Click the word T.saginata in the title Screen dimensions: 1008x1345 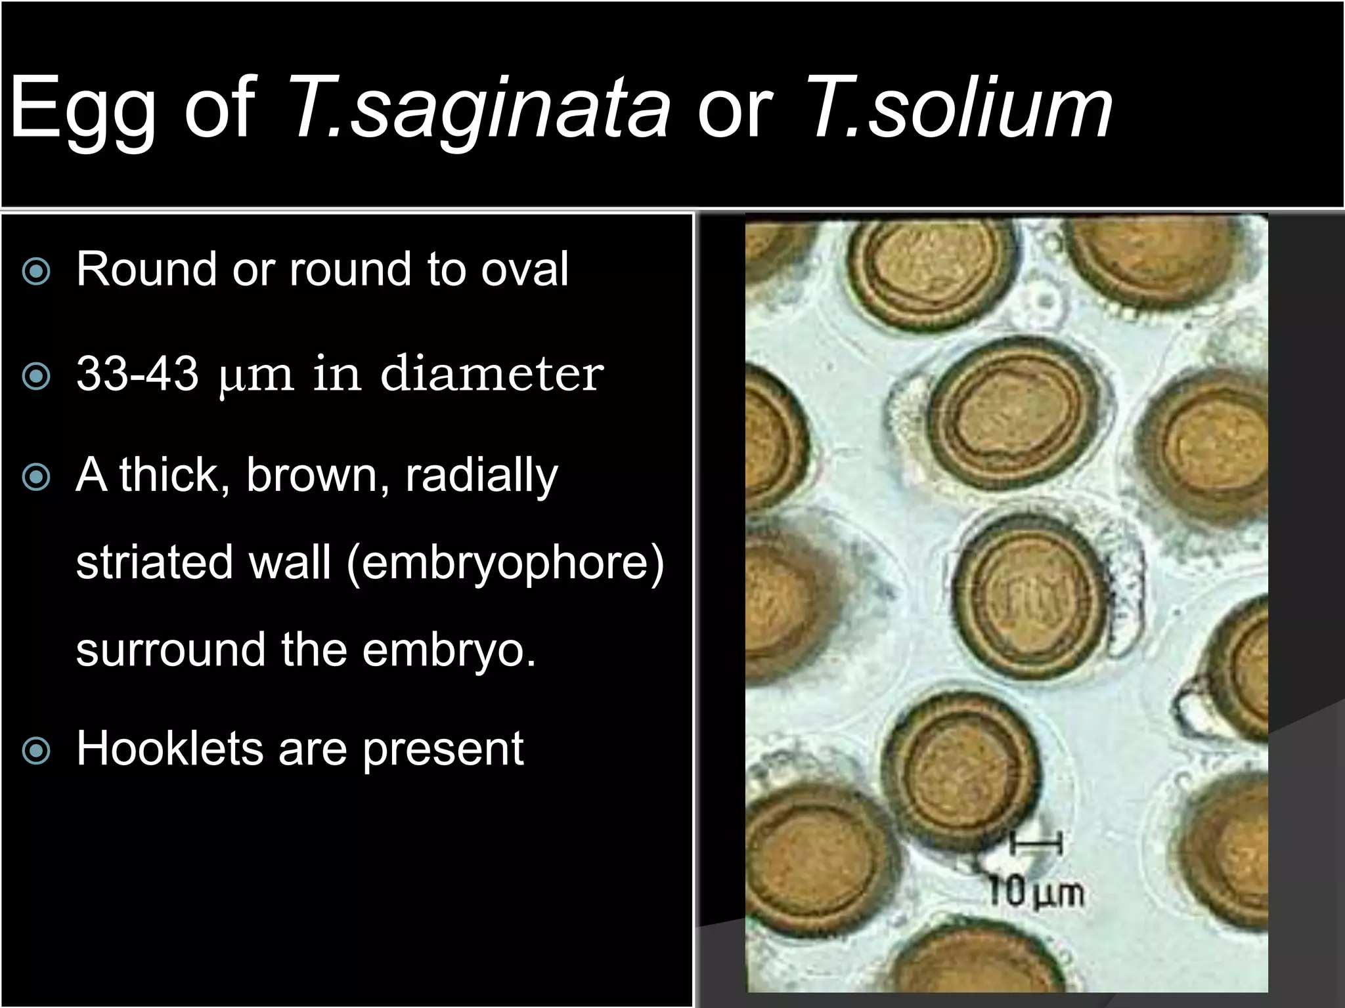click(x=478, y=108)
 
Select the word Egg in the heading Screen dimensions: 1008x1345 click(x=82, y=108)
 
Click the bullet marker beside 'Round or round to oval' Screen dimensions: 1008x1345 click(x=35, y=271)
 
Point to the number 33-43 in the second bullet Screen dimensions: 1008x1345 click(x=137, y=374)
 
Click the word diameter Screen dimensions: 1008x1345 click(x=491, y=374)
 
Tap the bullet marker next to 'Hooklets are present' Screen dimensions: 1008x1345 click(x=35, y=750)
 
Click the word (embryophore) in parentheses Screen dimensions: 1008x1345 click(x=505, y=564)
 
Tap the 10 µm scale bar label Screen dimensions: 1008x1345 click(x=1036, y=893)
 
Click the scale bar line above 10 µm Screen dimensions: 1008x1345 click(x=1036, y=841)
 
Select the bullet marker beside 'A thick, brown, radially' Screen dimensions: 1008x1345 click(x=35, y=477)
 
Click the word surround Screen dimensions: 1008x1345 click(x=170, y=650)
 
